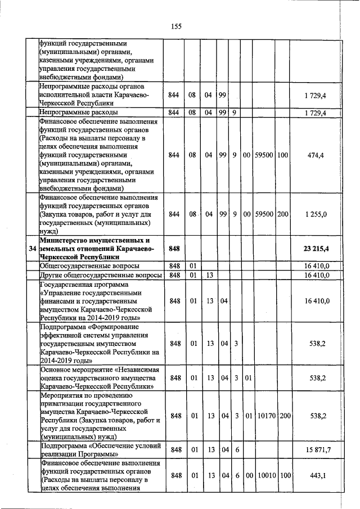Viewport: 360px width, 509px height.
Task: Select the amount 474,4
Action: point(316,155)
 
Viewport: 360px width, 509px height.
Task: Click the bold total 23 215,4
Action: point(316,248)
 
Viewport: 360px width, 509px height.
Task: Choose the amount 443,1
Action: point(318,476)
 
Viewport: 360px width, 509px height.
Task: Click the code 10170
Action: point(264,416)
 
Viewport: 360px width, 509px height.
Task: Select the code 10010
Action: point(264,476)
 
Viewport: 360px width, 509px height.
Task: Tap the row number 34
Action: point(32,248)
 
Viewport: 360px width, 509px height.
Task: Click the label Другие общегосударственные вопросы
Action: point(101,275)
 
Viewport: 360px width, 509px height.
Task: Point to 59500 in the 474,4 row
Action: point(264,155)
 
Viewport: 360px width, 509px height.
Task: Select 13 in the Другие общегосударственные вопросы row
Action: point(209,275)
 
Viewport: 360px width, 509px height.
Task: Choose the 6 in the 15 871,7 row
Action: point(236,449)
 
